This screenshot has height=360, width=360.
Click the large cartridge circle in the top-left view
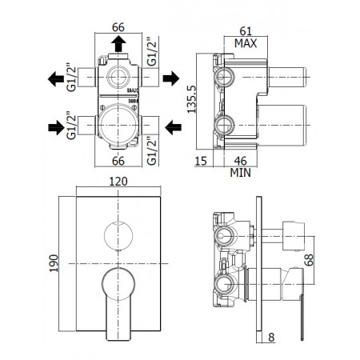tap(118, 126)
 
